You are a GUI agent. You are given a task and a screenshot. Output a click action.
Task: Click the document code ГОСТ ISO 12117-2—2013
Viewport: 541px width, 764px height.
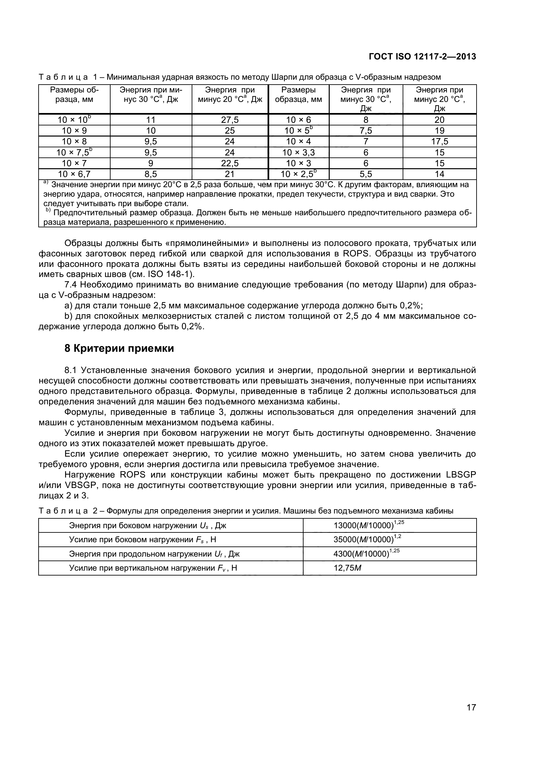pyautogui.click(x=422, y=57)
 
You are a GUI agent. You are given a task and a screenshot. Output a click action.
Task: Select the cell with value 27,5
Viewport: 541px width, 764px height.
pyautogui.click(x=230, y=120)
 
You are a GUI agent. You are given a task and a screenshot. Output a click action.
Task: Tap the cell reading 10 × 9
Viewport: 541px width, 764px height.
pyautogui.click(x=74, y=131)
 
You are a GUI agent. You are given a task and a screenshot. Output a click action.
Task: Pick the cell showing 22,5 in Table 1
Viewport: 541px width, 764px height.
pyautogui.click(x=230, y=163)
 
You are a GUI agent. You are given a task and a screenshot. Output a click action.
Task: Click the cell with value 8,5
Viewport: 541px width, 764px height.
pyautogui.click(x=150, y=174)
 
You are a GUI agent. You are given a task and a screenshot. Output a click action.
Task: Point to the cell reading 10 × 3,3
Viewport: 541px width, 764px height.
pyautogui.click(x=299, y=153)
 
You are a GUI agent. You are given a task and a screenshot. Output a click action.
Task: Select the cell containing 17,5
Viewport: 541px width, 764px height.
pyautogui.click(x=439, y=141)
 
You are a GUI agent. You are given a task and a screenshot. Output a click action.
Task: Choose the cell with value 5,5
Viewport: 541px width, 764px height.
pyautogui.click(x=365, y=174)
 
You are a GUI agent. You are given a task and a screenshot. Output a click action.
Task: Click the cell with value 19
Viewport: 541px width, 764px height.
pyautogui.click(x=439, y=131)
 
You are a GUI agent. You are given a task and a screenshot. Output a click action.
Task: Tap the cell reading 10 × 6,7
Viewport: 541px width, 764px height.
pyautogui.click(x=74, y=174)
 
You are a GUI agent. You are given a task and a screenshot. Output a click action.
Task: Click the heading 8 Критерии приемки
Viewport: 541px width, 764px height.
pyautogui.click(x=119, y=349)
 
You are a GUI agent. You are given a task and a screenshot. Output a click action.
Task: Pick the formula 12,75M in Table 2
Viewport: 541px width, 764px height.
pyautogui.click(x=347, y=568)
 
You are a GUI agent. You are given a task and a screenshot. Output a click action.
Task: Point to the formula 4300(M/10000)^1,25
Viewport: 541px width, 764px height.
pyautogui.click(x=366, y=554)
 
